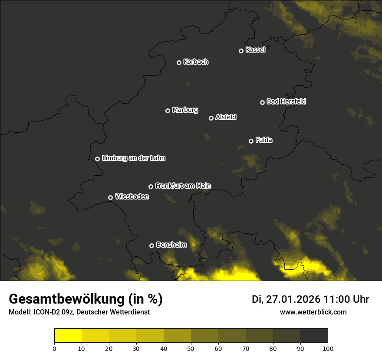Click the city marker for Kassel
[x=241, y=51]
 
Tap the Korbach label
[x=196, y=62]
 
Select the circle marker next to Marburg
[x=168, y=111]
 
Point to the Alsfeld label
[x=226, y=117]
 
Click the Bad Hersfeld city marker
[x=262, y=102]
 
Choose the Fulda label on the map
[x=264, y=140]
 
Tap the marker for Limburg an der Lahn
[x=97, y=159]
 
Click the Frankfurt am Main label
[x=183, y=186]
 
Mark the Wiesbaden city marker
[x=110, y=197]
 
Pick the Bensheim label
[x=171, y=245]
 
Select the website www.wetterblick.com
[x=313, y=312]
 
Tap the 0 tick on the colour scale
[x=54, y=348]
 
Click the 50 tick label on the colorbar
[x=191, y=348]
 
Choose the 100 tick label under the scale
[x=328, y=348]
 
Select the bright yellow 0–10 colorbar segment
[x=68, y=335]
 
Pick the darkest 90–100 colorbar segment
[x=314, y=335]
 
